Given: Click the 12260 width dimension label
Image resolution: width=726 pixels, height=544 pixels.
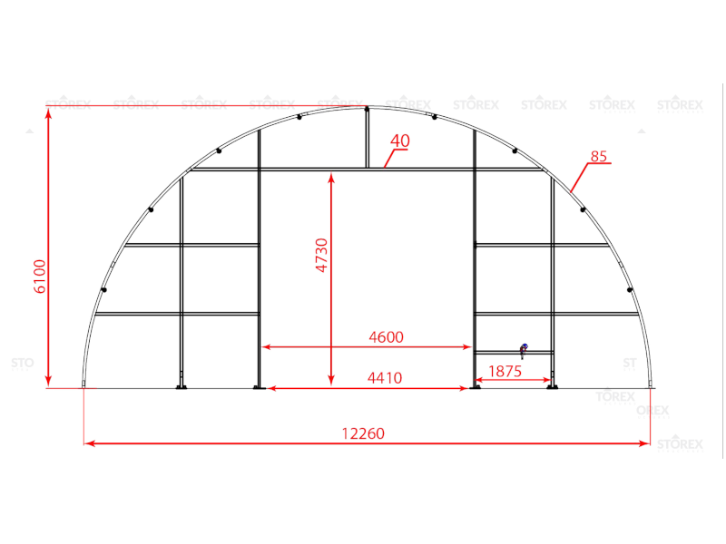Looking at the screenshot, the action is (x=363, y=433).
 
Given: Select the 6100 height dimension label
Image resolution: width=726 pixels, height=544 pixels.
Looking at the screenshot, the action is (x=40, y=277).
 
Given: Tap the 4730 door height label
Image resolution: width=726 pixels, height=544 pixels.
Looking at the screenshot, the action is (x=321, y=255).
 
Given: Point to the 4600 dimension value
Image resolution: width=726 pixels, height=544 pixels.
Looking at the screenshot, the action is (x=387, y=336).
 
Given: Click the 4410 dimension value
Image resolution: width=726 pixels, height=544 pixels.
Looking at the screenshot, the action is (x=385, y=378).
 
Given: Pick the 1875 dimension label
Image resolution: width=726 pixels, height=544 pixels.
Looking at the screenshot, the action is (x=505, y=371).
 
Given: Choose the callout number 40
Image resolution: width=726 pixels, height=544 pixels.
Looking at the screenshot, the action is (x=400, y=141).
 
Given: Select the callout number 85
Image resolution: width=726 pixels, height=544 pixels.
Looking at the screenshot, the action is (x=599, y=156).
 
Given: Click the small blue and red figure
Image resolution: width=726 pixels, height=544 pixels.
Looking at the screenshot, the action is (x=524, y=351).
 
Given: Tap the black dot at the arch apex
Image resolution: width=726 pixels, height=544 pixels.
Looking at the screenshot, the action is (x=367, y=109).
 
